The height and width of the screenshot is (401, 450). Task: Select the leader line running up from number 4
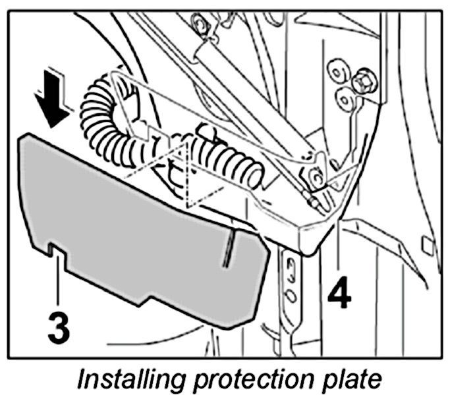(339, 250)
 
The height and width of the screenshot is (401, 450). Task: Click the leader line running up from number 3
(59, 283)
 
